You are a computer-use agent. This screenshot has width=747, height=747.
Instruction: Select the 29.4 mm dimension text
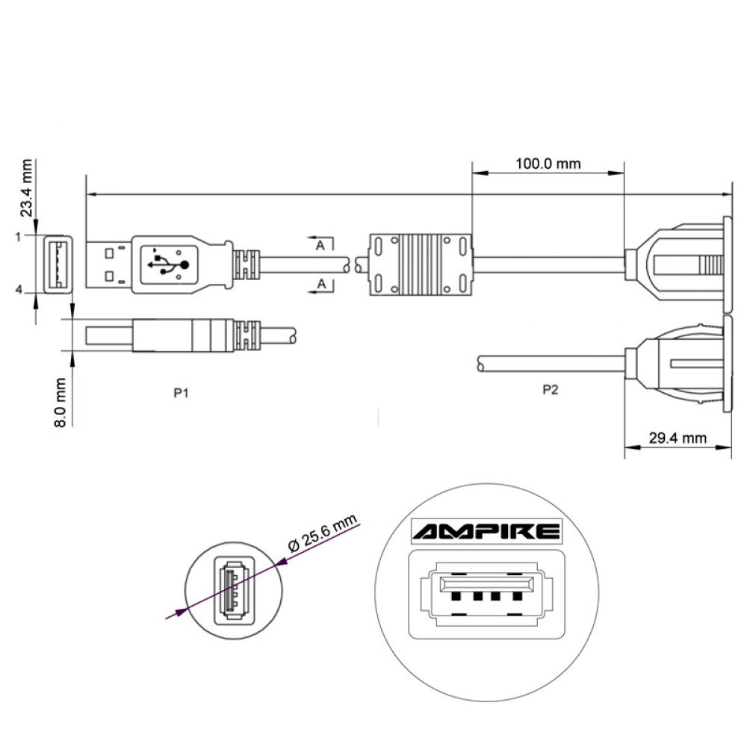click(x=677, y=438)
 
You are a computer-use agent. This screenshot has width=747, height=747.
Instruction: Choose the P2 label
click(x=549, y=391)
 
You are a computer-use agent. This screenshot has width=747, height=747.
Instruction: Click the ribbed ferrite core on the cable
click(x=421, y=263)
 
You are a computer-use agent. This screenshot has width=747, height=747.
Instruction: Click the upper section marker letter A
click(x=320, y=244)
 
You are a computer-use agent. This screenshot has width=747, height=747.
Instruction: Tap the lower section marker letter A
click(x=320, y=284)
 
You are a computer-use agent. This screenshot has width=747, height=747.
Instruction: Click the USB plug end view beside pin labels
click(x=58, y=263)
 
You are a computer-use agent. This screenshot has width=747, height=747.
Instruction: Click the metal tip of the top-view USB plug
click(x=109, y=263)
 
